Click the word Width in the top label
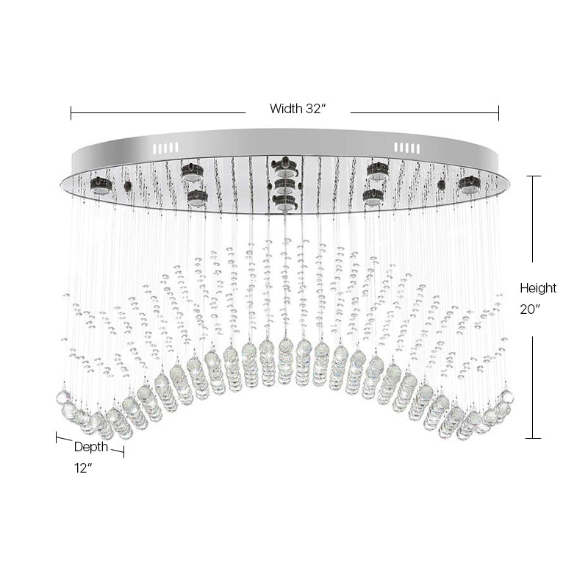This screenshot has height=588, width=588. click(286, 109)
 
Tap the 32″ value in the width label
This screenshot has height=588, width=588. click(315, 108)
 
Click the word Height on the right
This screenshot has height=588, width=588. click(538, 288)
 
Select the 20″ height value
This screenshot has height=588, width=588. click(530, 309)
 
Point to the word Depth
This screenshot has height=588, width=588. click(91, 447)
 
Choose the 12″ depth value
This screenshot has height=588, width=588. click(83, 468)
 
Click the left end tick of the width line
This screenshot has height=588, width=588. click(71, 112)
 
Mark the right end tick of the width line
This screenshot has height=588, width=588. click(499, 112)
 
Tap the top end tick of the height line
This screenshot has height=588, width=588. click(533, 176)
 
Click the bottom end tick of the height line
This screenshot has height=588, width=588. click(533, 438)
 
